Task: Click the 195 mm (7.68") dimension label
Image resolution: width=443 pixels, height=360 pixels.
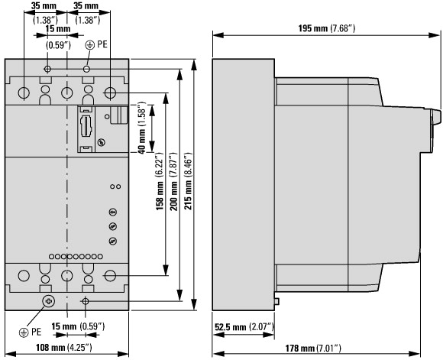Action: (x=327, y=28)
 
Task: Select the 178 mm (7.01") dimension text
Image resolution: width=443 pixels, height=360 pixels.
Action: (x=312, y=348)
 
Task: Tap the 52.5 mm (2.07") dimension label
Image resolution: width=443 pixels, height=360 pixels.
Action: (x=244, y=327)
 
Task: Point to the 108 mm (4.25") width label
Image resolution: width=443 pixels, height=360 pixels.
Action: (x=64, y=347)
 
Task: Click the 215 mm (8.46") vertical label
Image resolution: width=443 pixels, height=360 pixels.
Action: (x=188, y=181)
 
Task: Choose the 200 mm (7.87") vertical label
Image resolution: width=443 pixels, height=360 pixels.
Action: (x=173, y=182)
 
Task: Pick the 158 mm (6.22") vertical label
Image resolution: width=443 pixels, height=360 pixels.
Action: (x=160, y=182)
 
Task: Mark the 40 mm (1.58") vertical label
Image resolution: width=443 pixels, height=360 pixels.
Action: (x=141, y=128)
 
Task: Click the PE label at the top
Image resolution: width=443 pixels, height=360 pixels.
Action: (x=102, y=44)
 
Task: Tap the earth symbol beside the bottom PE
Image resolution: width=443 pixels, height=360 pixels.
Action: (x=24, y=332)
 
